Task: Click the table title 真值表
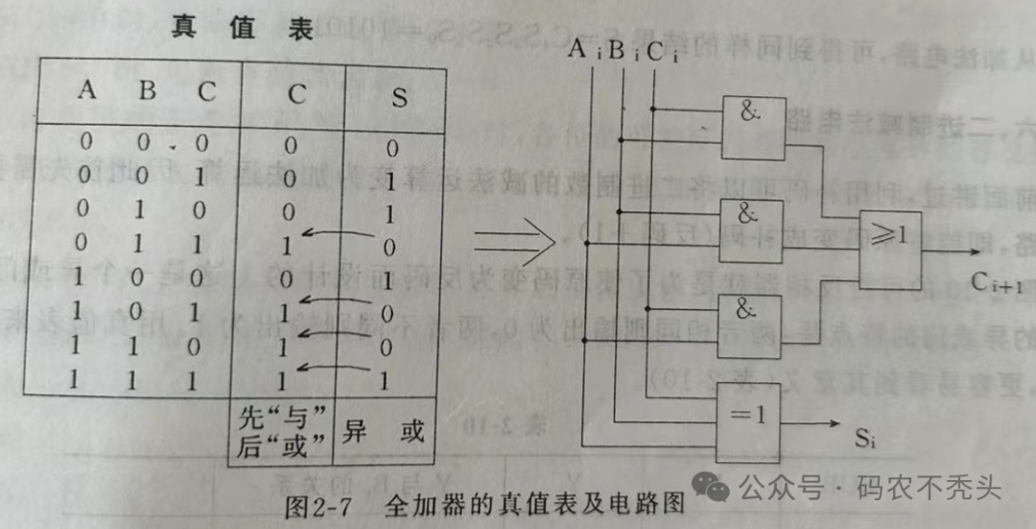coord(242,29)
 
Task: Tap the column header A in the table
coord(87,91)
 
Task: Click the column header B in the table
coord(147,91)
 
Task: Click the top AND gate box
coord(751,127)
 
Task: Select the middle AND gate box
coord(750,230)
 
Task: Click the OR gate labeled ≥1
coord(893,244)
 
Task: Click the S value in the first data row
coord(391,149)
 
